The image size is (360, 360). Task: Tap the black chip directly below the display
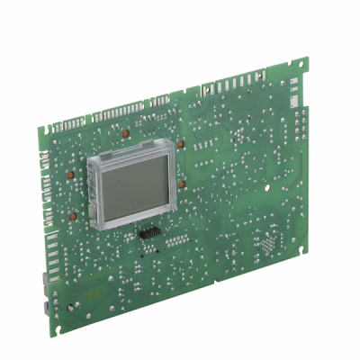pyautogui.click(x=148, y=233)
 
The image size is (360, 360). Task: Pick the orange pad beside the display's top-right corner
pyautogui.click(x=182, y=141)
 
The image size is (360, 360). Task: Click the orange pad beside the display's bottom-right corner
pyautogui.click(x=183, y=184)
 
